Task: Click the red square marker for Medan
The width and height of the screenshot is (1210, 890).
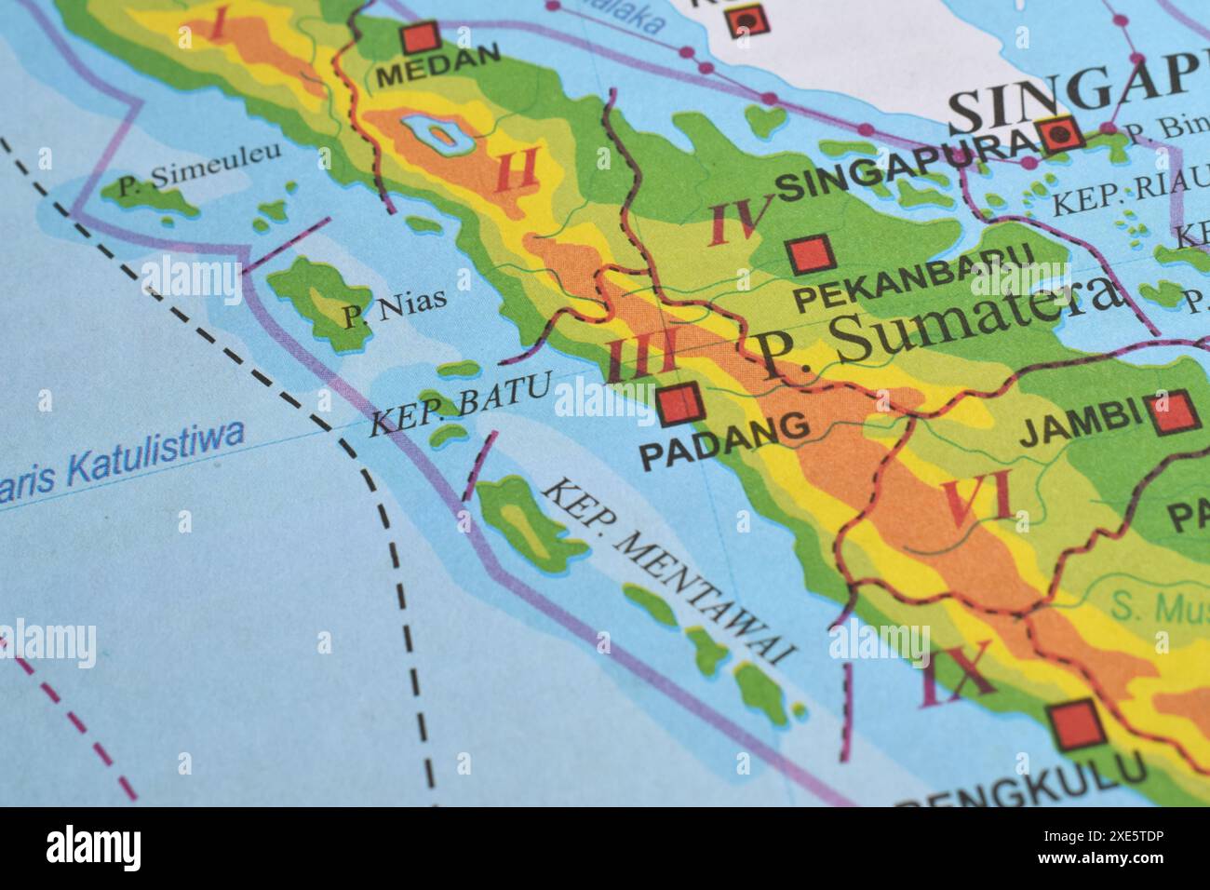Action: tap(420, 39)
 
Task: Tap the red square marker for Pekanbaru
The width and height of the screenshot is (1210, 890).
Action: tap(810, 254)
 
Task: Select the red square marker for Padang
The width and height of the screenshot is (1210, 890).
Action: tap(679, 402)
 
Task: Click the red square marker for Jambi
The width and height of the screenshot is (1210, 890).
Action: tap(1172, 411)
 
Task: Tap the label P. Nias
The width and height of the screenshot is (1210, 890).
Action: tap(393, 308)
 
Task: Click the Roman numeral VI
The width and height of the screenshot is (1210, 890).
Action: tap(977, 501)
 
